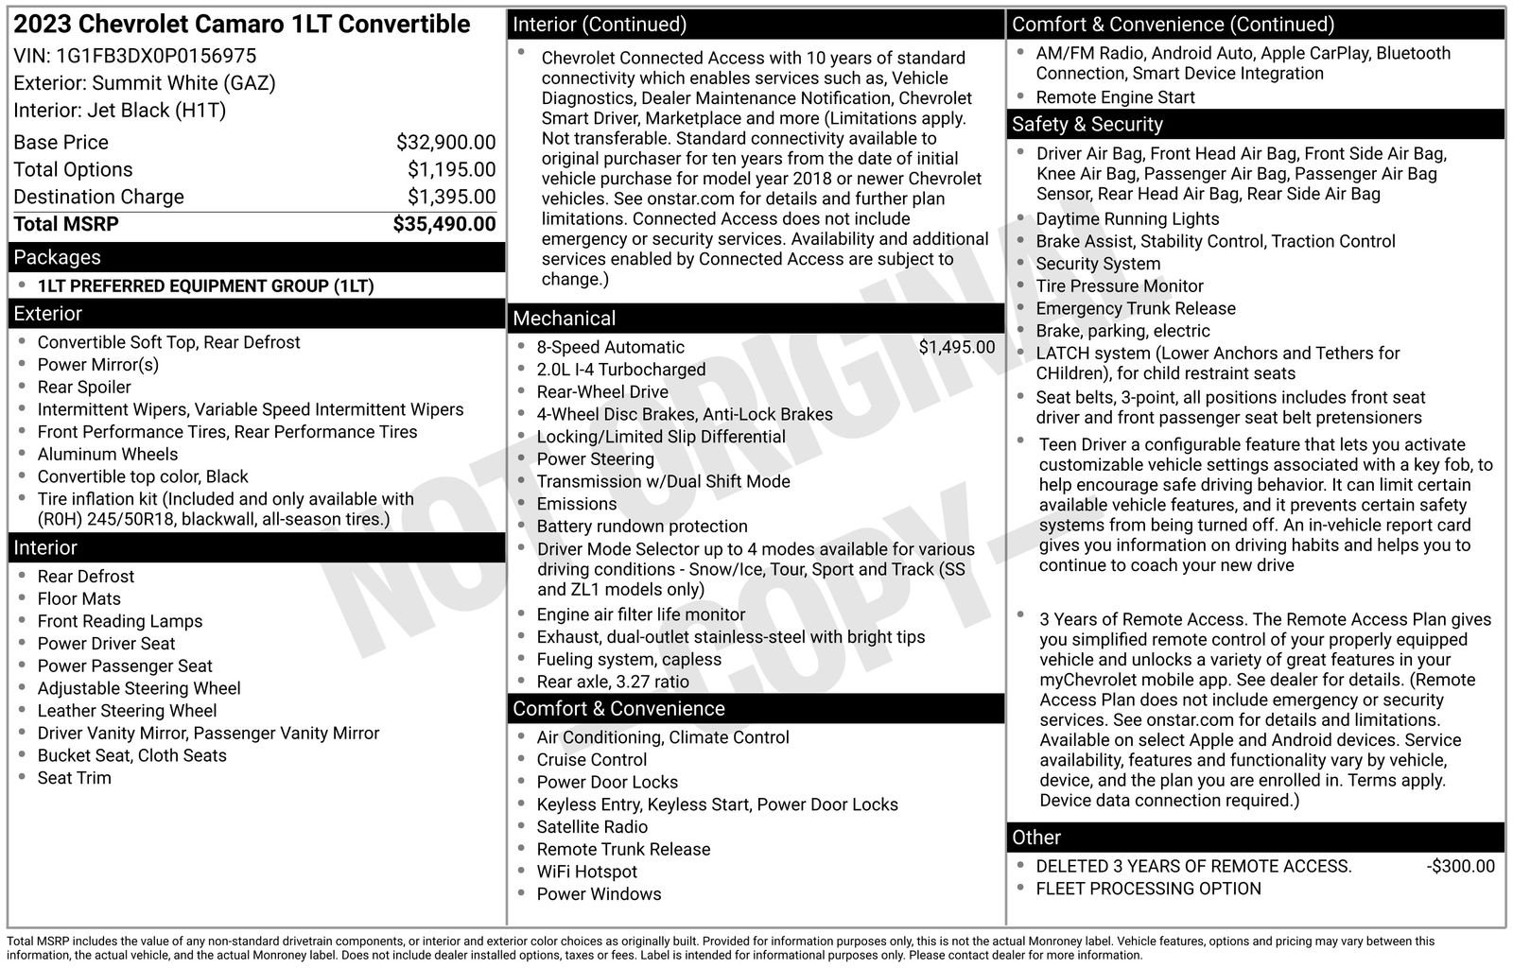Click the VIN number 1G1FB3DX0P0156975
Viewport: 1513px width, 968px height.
tap(156, 56)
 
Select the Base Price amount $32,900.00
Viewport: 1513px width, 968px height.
tap(445, 143)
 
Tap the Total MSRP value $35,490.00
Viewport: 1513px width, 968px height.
tap(443, 224)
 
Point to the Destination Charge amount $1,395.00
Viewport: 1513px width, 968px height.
tap(451, 197)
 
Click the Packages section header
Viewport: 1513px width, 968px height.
tap(57, 257)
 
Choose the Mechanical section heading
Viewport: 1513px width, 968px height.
tap(564, 319)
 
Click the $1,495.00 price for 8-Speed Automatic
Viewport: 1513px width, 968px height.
tap(956, 347)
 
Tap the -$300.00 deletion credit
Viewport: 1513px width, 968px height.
tap(1460, 866)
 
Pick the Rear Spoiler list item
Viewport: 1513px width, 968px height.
tap(84, 387)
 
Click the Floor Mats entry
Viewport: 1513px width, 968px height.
tap(78, 598)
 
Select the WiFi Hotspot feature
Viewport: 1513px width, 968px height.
tap(586, 872)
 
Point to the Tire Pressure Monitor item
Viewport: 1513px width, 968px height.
tap(1119, 285)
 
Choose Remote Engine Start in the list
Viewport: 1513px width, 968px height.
tap(1115, 97)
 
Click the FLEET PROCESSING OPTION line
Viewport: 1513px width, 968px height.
tap(1148, 889)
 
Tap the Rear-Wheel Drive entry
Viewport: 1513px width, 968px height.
tap(601, 391)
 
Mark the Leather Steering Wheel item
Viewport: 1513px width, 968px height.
tap(127, 711)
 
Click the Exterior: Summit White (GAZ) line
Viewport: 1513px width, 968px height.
tap(144, 83)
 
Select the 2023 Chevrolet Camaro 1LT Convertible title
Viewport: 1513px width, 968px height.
tap(241, 25)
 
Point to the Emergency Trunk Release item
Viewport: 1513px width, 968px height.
tap(1135, 308)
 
